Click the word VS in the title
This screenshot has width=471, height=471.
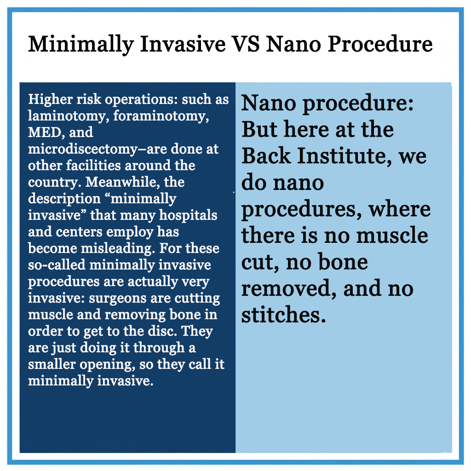click(x=246, y=44)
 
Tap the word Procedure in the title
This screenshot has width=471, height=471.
click(x=380, y=44)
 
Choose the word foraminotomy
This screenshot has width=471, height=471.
click(x=161, y=116)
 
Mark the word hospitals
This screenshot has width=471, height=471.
click(x=188, y=216)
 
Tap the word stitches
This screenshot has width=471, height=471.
click(x=283, y=315)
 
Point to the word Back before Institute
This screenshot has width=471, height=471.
click(x=266, y=156)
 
